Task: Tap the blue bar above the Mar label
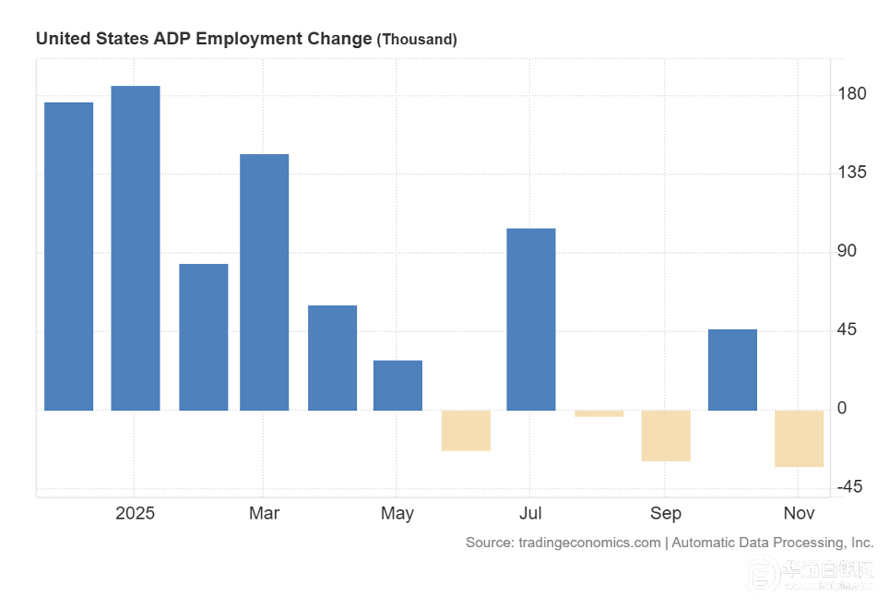pyautogui.click(x=264, y=281)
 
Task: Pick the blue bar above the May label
pyautogui.click(x=397, y=385)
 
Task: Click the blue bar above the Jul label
pyautogui.click(x=531, y=318)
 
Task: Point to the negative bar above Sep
pyautogui.click(x=666, y=436)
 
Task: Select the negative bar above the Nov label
pyautogui.click(x=799, y=438)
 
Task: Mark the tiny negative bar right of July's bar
pyautogui.click(x=599, y=413)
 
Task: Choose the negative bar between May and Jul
pyautogui.click(x=466, y=430)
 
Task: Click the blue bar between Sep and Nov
pyautogui.click(x=732, y=369)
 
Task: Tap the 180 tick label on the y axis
pyautogui.click(x=852, y=94)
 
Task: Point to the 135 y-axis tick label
pyautogui.click(x=852, y=173)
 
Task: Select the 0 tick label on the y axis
pyautogui.click(x=841, y=409)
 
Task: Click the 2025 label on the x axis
pyautogui.click(x=135, y=514)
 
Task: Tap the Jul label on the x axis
pyautogui.click(x=530, y=514)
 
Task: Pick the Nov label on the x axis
pyautogui.click(x=799, y=514)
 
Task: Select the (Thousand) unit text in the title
pyautogui.click(x=417, y=40)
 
